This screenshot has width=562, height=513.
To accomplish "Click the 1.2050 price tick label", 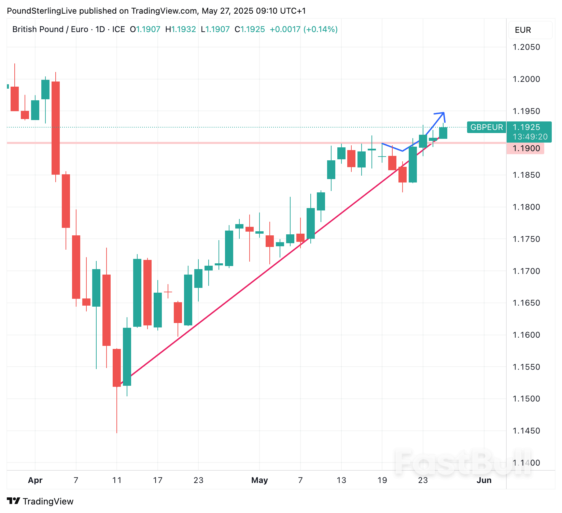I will point(526,47).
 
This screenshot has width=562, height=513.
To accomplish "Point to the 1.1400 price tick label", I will point(526,463).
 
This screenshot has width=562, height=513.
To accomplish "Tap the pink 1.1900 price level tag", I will point(526,148).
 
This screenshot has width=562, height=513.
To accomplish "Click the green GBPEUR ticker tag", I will point(486,127).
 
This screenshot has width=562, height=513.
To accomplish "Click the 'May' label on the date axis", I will point(259,480).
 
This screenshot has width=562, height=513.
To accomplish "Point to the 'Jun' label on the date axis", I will point(484,480).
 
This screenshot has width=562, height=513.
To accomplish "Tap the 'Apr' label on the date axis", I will point(35,480).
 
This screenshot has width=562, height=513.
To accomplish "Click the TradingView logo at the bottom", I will point(40,501).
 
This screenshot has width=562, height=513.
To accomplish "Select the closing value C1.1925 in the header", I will point(250,29).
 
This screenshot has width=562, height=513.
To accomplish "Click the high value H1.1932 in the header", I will point(180,29).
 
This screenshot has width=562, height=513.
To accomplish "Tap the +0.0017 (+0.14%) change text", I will point(304,29).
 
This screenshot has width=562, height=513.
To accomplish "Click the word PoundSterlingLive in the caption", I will point(42,11).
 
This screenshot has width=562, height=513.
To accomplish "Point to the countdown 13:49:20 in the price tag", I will point(530,137).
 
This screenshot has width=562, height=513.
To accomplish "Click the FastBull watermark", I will point(463,462).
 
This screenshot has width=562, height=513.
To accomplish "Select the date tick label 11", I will point(117,480).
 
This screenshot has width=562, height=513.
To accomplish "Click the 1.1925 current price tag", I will point(526,127).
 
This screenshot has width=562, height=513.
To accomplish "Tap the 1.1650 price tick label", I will point(526,303).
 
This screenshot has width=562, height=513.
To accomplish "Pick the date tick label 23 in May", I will point(423,480).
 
